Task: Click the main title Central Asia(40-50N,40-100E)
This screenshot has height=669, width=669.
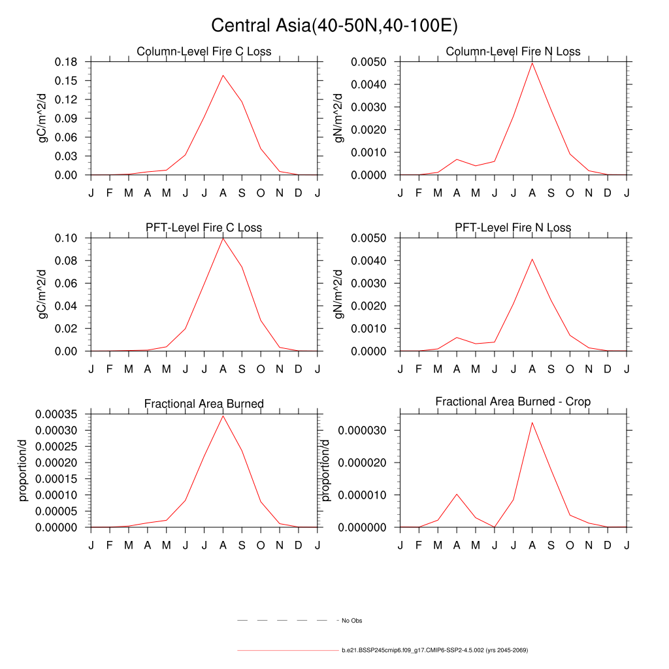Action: (334, 25)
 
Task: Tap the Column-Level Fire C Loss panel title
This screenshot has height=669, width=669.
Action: (204, 52)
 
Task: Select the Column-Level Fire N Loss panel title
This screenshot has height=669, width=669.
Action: (513, 52)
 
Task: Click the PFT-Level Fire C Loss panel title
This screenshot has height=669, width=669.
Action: (204, 228)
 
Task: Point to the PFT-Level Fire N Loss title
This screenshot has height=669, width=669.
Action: (513, 228)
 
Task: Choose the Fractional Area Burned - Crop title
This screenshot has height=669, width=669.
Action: (513, 402)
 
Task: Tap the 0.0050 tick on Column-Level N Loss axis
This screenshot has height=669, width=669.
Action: (368, 62)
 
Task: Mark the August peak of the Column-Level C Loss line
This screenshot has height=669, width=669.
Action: (223, 75)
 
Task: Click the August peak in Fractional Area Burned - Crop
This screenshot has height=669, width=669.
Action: (532, 422)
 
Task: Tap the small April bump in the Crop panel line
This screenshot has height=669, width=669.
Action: (457, 494)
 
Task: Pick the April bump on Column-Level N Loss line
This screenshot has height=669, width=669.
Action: (457, 159)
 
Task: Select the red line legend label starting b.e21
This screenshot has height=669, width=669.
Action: (434, 651)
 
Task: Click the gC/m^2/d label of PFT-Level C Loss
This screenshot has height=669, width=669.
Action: (43, 294)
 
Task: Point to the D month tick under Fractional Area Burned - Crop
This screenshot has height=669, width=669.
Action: (608, 545)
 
